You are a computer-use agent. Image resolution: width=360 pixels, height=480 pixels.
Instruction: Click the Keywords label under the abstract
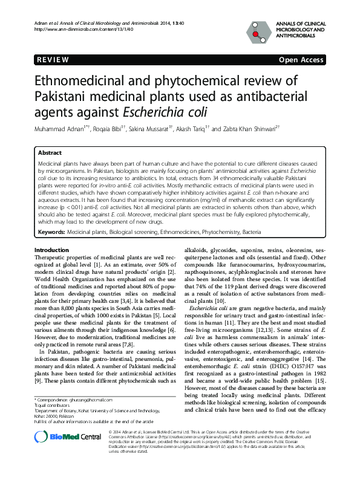[x=51, y=232]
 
